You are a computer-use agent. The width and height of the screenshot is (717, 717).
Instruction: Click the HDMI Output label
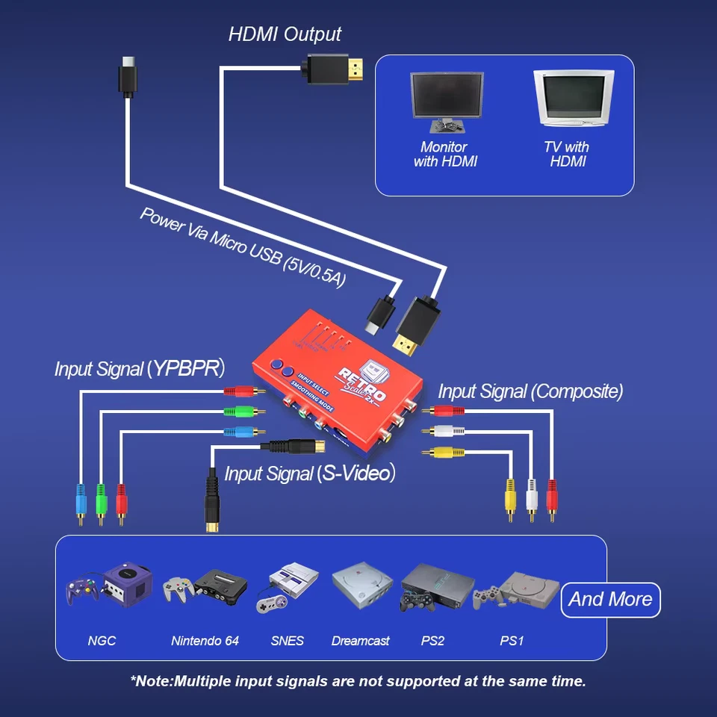coord(285,34)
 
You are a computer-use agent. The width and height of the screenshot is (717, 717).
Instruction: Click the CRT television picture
coord(573,98)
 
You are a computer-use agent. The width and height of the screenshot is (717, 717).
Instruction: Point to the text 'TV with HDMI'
coord(567,155)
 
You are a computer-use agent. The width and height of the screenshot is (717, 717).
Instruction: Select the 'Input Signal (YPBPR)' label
coord(140,369)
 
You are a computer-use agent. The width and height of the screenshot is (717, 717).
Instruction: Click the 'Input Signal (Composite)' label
coord(530,391)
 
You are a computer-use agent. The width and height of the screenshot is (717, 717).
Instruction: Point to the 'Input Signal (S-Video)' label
coord(309,474)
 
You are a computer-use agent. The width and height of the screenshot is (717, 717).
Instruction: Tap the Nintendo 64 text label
coord(205,641)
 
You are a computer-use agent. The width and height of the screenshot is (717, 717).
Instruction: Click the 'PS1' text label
coord(512,641)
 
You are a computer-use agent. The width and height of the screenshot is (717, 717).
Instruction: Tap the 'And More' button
coord(610,600)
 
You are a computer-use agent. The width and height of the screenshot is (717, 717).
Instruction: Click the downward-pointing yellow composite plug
coord(510,500)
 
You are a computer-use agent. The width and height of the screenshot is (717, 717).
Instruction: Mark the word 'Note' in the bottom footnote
coord(155,681)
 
